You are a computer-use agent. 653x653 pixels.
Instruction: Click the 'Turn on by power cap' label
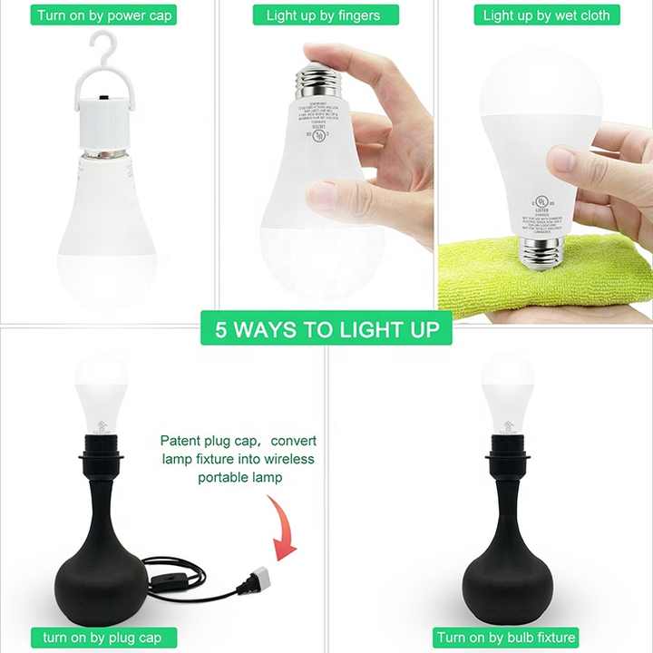(x=105, y=15)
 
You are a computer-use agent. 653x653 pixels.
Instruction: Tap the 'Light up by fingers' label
(x=323, y=15)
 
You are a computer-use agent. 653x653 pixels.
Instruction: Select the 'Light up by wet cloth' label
(x=546, y=15)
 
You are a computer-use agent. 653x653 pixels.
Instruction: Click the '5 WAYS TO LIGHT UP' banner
(x=326, y=328)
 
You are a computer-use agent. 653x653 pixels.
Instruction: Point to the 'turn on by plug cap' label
(x=102, y=638)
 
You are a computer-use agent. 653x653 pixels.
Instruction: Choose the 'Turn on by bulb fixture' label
(x=506, y=638)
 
